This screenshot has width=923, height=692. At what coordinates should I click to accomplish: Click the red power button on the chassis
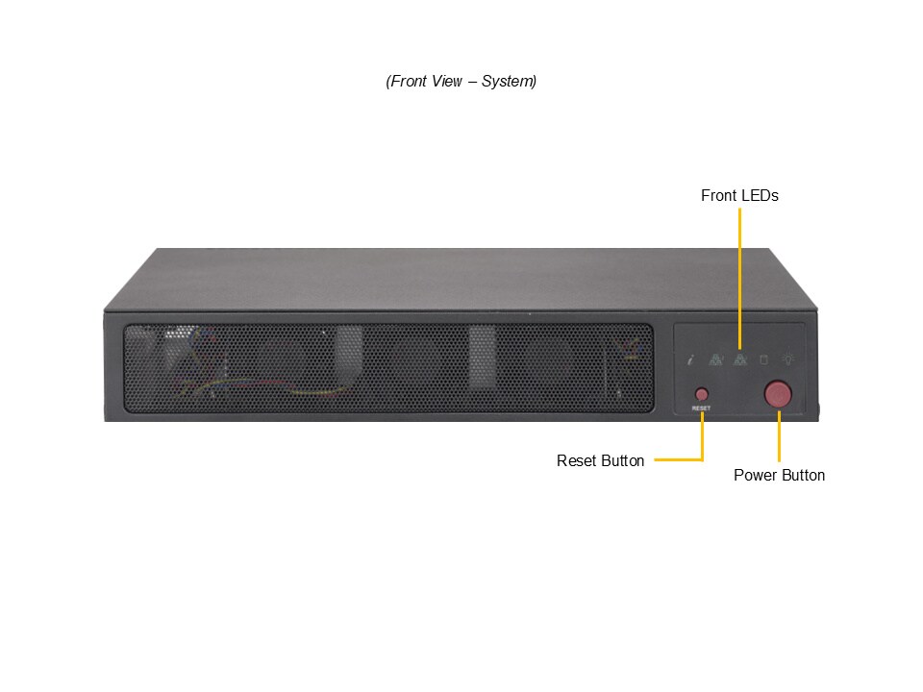[x=778, y=394]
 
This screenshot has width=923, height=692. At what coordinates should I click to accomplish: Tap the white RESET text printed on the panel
[x=701, y=408]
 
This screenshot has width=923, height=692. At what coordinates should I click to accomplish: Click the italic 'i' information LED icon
[x=691, y=358]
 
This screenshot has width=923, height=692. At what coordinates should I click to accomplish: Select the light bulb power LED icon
[x=788, y=358]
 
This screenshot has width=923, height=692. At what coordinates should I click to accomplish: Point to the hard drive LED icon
[x=764, y=359]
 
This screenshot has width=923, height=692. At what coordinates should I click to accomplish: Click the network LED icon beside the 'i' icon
[x=715, y=358]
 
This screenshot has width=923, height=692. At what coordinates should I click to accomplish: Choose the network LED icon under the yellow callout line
[x=740, y=358]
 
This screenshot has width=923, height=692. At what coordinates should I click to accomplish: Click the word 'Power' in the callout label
[x=753, y=475]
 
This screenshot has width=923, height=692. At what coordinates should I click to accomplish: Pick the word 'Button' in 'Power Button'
[x=801, y=475]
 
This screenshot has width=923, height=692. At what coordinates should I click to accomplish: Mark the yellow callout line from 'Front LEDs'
[x=740, y=279]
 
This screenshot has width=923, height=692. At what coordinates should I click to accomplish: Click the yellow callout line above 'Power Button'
[x=779, y=436]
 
